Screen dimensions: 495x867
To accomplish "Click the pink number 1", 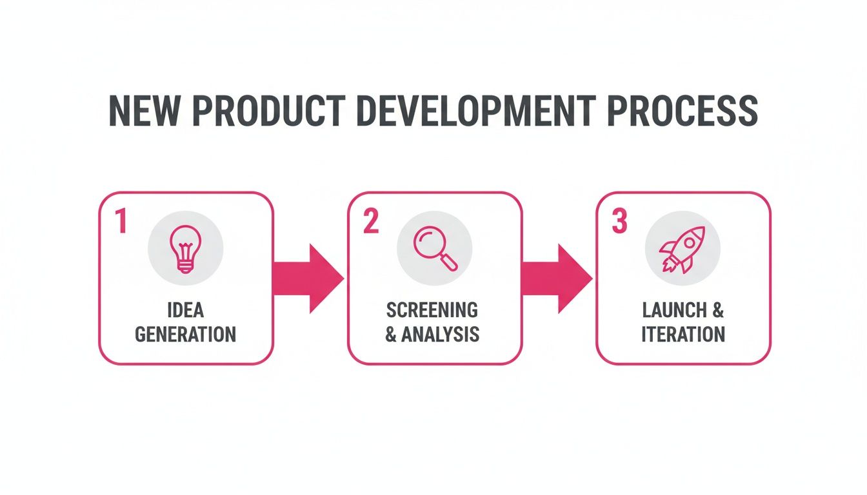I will click(x=120, y=221).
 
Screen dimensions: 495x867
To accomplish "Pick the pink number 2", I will click(x=370, y=221).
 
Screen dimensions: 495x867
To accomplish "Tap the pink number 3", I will click(x=619, y=221).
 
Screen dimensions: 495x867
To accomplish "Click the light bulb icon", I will click(x=185, y=249).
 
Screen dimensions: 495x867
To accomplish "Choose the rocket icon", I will click(x=683, y=249).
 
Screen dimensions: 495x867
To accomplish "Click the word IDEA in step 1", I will click(x=185, y=310).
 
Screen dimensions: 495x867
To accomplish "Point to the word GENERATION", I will click(x=185, y=335).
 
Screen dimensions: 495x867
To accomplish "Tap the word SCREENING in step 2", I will click(x=432, y=310).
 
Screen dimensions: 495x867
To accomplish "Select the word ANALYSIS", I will click(x=441, y=335).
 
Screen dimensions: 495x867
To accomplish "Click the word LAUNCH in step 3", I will click(x=674, y=310).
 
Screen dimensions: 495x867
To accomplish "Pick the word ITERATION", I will click(x=683, y=335).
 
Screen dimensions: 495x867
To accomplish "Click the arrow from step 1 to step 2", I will click(x=308, y=278).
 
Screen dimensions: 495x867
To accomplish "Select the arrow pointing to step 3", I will click(x=557, y=278).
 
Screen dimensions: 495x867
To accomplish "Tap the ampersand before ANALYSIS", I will click(x=391, y=335).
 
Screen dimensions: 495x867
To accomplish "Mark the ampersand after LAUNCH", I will click(x=718, y=310).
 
